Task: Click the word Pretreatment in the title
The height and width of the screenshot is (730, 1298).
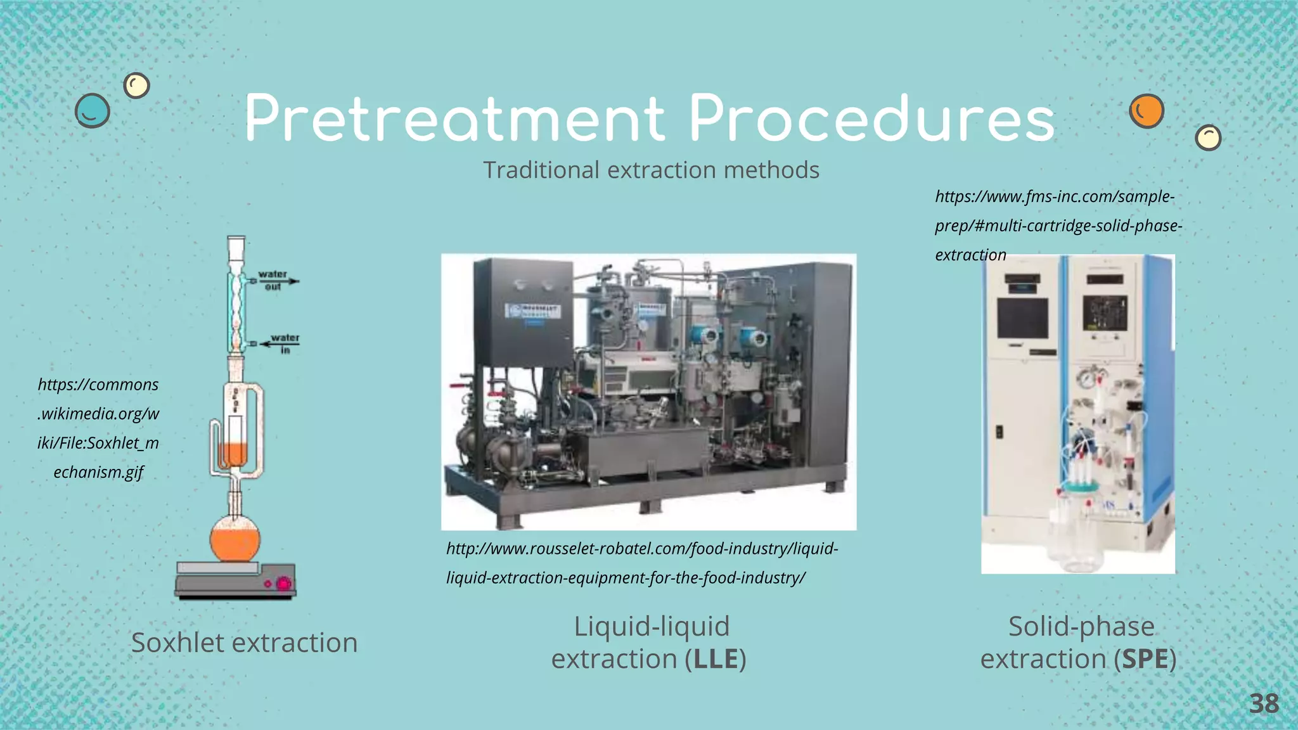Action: (454, 119)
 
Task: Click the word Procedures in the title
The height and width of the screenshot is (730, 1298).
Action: (872, 119)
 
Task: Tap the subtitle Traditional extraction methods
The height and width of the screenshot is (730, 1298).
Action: (651, 170)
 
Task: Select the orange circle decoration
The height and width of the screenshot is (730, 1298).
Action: (1146, 112)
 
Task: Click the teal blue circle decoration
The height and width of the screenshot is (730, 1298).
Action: (93, 111)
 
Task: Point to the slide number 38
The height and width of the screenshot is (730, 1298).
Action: (1264, 704)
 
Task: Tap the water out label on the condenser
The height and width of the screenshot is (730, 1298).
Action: (273, 281)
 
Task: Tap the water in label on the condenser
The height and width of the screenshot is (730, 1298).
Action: (285, 343)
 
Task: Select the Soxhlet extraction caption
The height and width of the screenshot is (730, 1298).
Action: (244, 643)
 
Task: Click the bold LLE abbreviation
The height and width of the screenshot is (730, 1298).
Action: (716, 659)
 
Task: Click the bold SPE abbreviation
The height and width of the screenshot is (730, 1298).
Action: (1145, 659)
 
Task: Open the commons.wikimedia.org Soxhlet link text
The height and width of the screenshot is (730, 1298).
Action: (98, 428)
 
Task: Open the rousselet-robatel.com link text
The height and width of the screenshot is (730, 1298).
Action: (641, 563)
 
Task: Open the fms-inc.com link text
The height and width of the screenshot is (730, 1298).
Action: (1057, 226)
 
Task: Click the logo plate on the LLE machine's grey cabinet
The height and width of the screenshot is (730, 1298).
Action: (532, 312)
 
